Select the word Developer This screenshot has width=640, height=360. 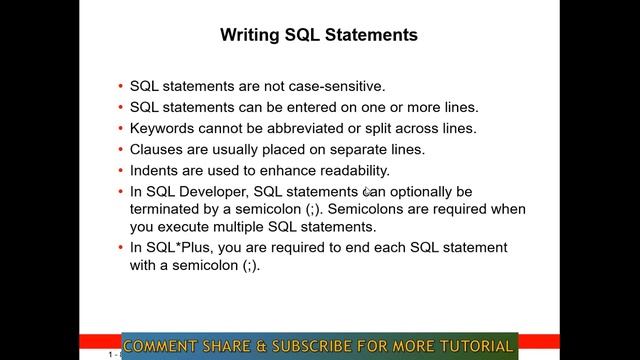point(215,191)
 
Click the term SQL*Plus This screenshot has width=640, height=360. point(181,247)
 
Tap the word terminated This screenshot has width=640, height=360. point(165,209)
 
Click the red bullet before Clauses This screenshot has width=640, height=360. point(120,150)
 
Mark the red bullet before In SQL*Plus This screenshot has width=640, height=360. point(120,248)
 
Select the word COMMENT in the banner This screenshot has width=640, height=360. point(162,347)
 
